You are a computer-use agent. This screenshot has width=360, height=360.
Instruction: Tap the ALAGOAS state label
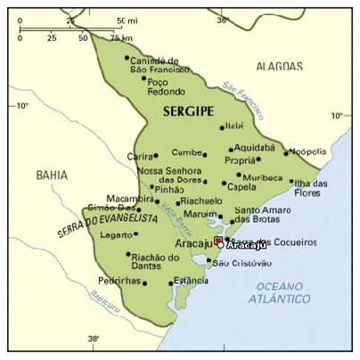click(x=279, y=66)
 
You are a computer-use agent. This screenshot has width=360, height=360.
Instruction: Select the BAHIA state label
click(x=52, y=176)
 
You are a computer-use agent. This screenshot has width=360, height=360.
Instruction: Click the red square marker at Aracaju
click(x=219, y=240)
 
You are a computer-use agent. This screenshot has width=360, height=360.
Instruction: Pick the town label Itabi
click(x=234, y=127)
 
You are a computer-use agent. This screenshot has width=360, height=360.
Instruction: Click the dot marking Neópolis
click(x=286, y=153)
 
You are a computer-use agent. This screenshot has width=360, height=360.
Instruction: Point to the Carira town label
click(x=141, y=156)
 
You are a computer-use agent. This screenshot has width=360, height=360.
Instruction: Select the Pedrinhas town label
click(x=119, y=281)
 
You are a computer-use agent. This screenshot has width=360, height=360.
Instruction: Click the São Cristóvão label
click(x=238, y=263)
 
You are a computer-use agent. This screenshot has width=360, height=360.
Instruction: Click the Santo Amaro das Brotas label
click(x=258, y=214)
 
